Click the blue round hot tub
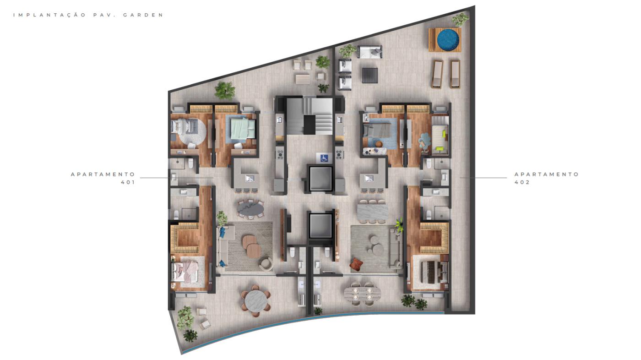[448, 40]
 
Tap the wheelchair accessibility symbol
[324, 158]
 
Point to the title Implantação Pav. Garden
[88, 15]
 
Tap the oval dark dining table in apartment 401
[250, 208]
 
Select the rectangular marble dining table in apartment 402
[372, 212]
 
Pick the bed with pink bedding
[187, 270]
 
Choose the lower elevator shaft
[320, 225]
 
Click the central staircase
[309, 115]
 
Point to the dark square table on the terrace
[370, 75]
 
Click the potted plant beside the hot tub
[460, 19]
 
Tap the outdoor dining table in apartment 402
[362, 293]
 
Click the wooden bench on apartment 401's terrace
[302, 79]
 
